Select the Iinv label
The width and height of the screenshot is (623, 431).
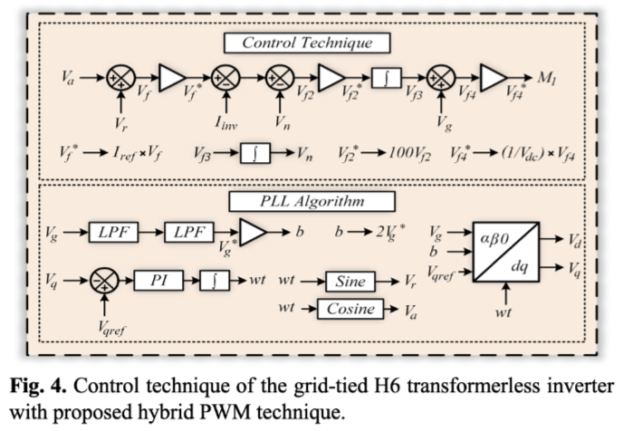coord(225,120)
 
